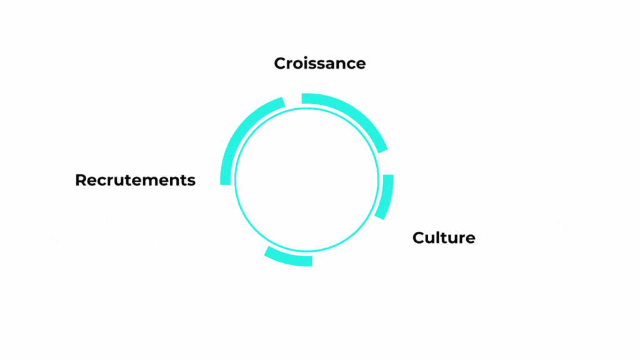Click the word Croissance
[x=319, y=63]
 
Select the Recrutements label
[x=135, y=180]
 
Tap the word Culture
[x=444, y=237]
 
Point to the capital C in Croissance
[x=281, y=63]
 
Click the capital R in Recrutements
[x=81, y=180]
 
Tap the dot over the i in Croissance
[x=305, y=58]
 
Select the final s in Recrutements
[x=191, y=182]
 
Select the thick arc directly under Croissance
[x=351, y=116]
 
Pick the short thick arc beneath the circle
[x=287, y=257]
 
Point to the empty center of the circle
[x=307, y=179]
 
